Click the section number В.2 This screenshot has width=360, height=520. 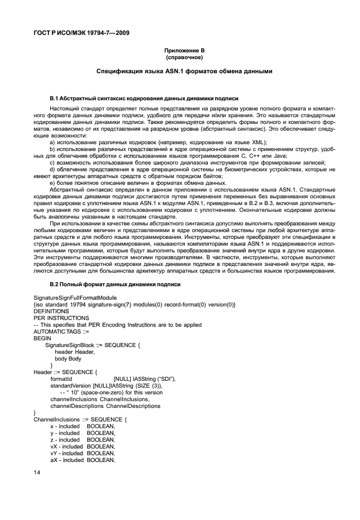(x=54, y=285)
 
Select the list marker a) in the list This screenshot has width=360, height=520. (x=52, y=142)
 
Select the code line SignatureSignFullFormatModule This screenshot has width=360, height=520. (x=75, y=297)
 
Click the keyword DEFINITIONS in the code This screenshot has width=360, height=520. (x=51, y=310)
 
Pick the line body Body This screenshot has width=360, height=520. (x=68, y=358)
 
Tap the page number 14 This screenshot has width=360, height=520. (x=37, y=481)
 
